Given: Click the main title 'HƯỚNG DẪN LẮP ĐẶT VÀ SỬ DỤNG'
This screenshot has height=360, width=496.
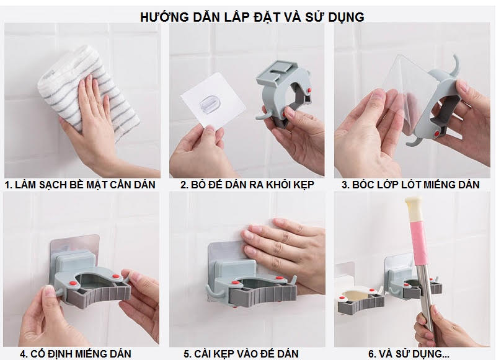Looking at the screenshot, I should point(251,17).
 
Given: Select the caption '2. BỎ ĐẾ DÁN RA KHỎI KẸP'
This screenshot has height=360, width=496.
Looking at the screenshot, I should point(247,185).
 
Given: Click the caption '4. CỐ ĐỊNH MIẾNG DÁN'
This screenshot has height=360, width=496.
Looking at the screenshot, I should point(80,354).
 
